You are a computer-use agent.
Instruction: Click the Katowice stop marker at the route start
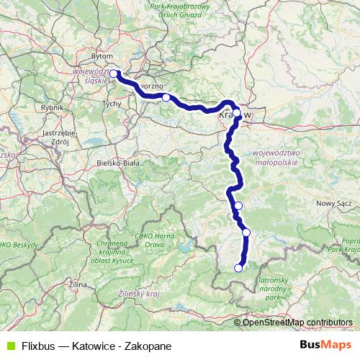[x=113, y=73]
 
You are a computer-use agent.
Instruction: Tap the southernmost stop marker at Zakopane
[x=238, y=269]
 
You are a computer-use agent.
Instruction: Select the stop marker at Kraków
[x=236, y=112]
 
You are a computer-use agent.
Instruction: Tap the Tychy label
[x=113, y=104]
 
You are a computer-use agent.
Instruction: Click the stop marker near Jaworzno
[x=166, y=97]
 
